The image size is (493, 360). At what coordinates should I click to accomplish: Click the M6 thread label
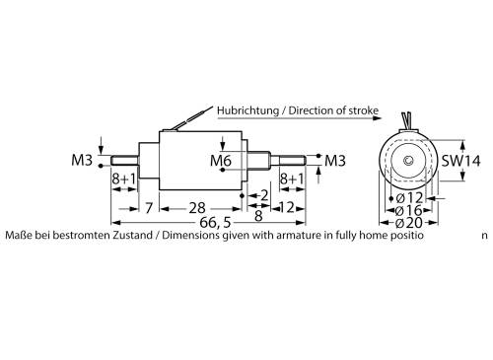pyautogui.click(x=222, y=160)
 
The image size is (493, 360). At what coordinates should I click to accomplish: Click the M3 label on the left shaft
pyautogui.click(x=83, y=160)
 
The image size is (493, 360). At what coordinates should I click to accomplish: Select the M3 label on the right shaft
pyautogui.click(x=335, y=160)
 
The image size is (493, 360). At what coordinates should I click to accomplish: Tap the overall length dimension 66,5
pyautogui.click(x=210, y=222)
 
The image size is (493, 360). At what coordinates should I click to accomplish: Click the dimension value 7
pyautogui.click(x=148, y=207)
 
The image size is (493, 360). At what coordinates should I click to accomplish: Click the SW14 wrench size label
pyautogui.click(x=461, y=161)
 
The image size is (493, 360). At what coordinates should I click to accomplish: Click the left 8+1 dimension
pyautogui.click(x=122, y=180)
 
